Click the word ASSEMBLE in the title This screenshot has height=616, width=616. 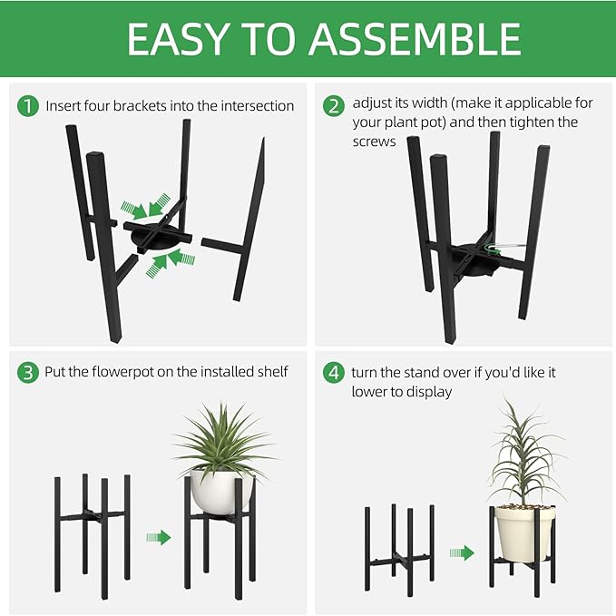coord(415,38)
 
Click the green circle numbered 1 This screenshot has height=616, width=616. coord(28,106)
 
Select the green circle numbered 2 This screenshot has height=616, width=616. coord(333,105)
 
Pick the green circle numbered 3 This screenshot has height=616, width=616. coord(28,372)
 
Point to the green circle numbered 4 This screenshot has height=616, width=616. coord(333,372)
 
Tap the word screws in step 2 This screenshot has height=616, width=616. coord(374,142)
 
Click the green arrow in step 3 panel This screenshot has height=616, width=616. coord(158,538)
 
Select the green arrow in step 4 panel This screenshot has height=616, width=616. coord(462,552)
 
